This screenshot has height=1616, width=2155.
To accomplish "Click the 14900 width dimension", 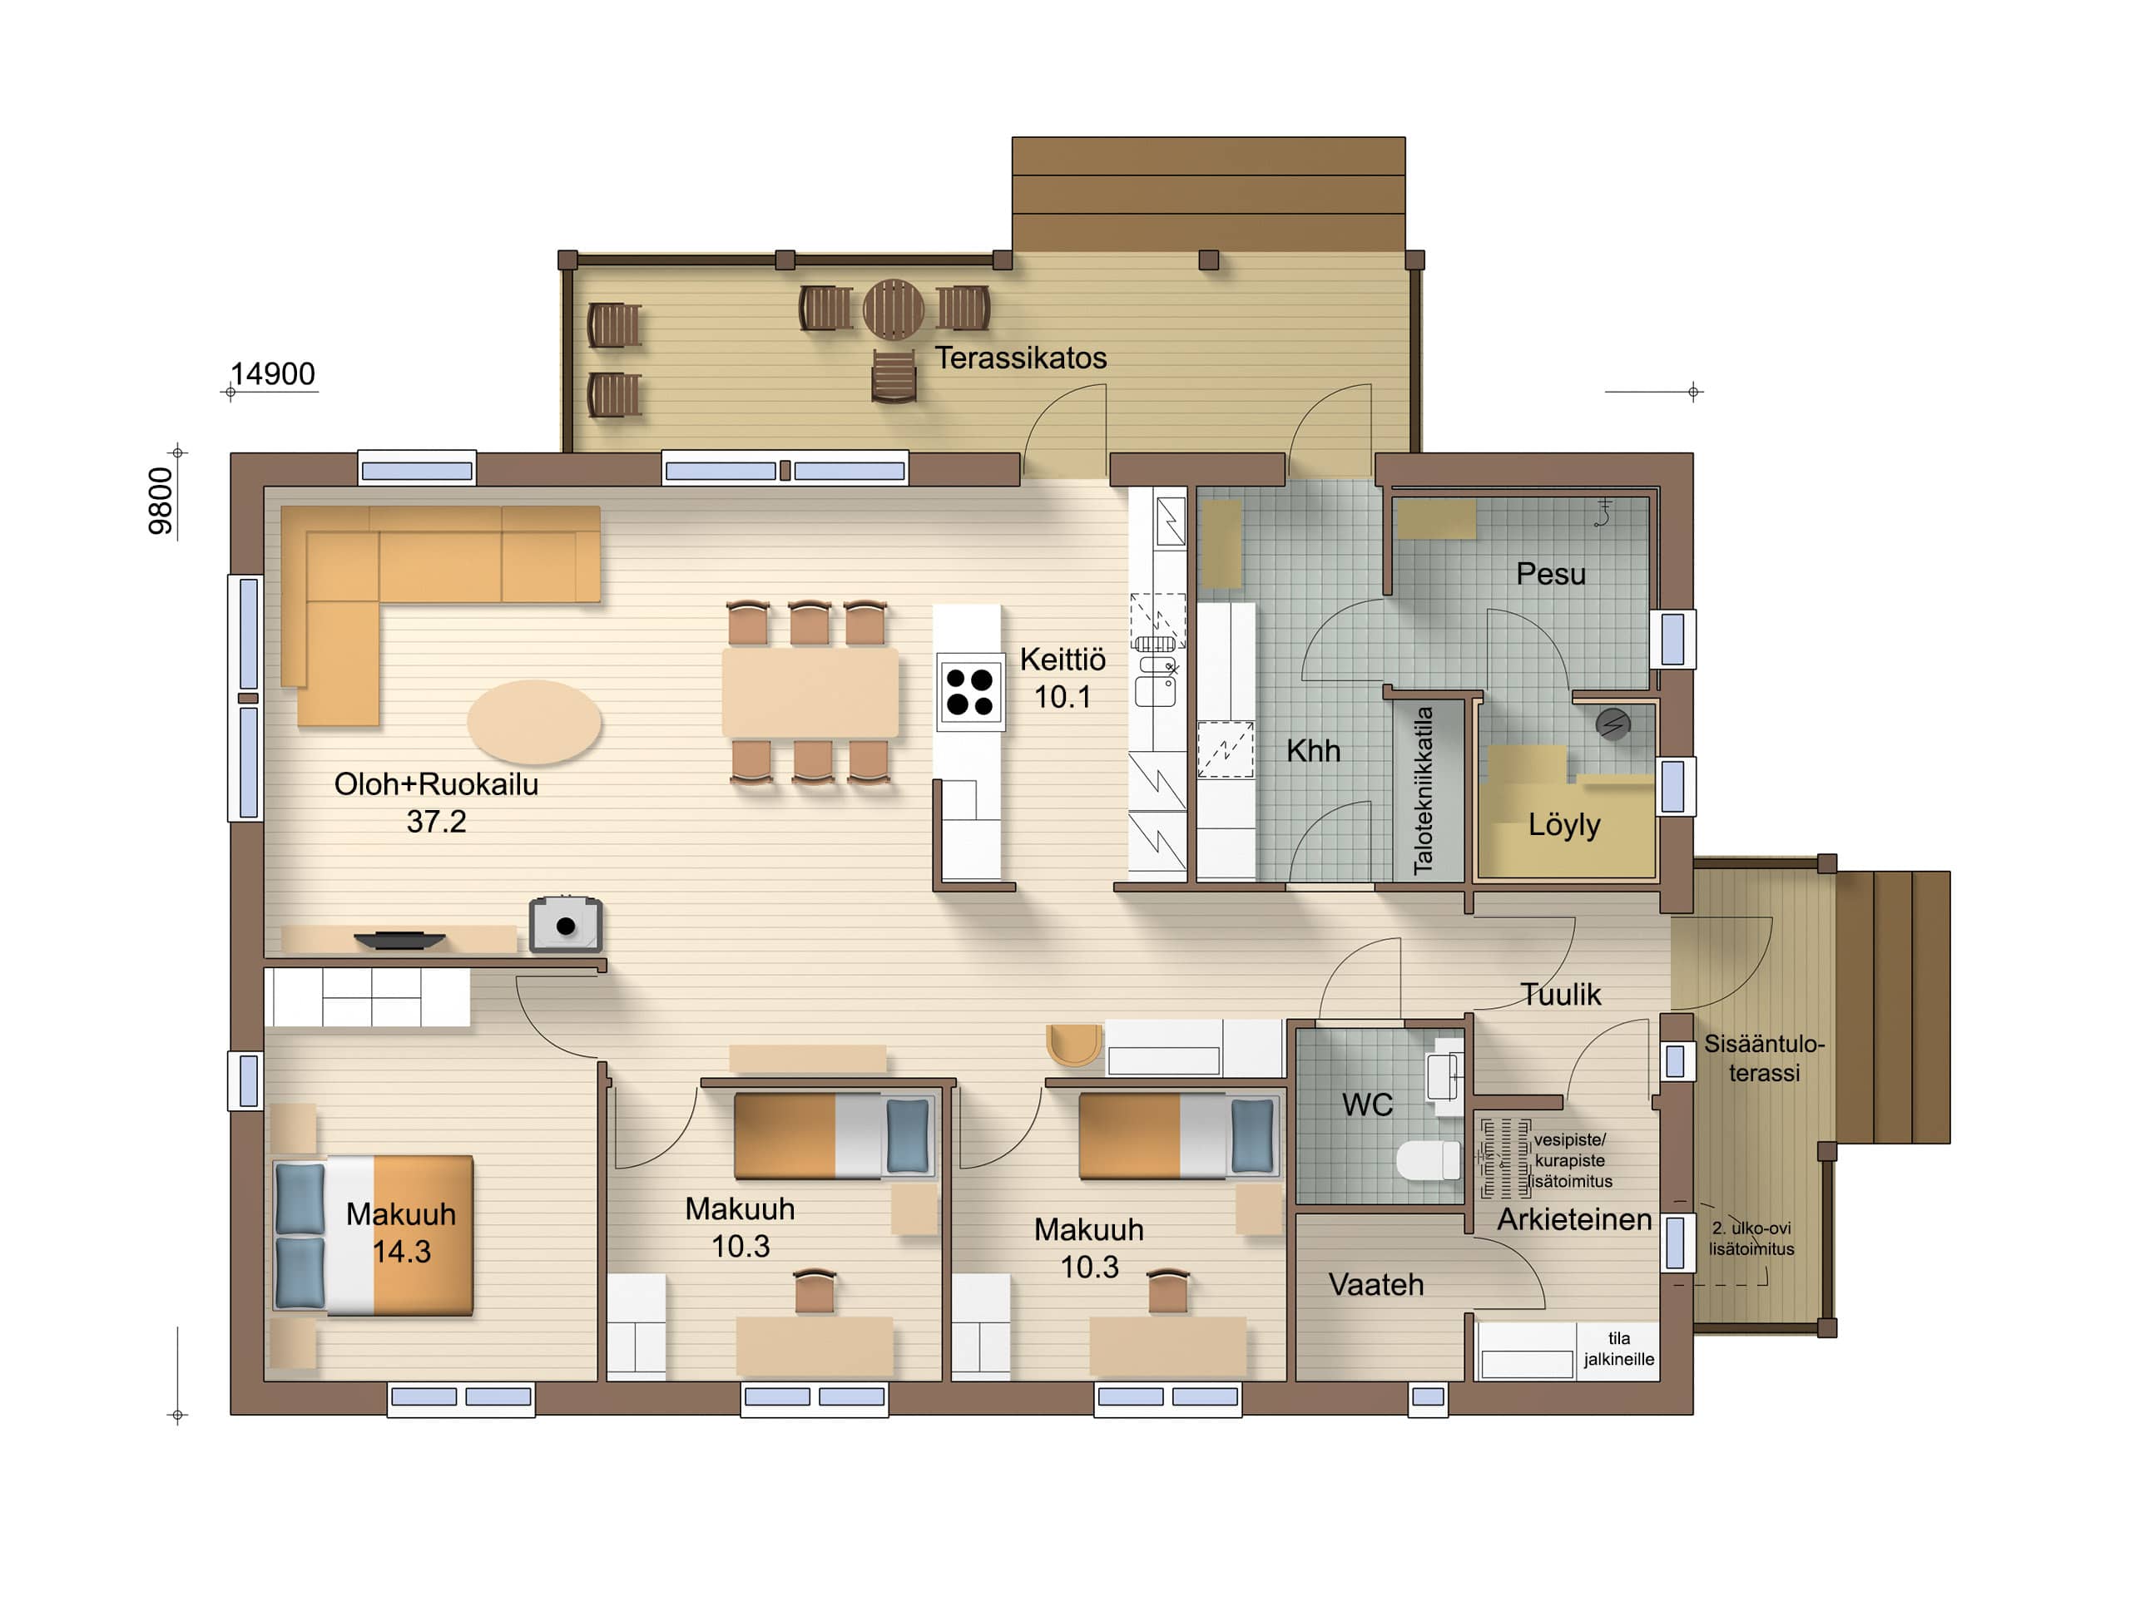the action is point(273,374).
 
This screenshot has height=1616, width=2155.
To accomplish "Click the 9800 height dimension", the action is point(161,501).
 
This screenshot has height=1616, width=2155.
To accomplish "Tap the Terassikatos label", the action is point(1021,358).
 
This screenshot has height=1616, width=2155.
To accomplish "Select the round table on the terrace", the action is point(894,309).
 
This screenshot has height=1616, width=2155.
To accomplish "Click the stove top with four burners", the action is point(969,692).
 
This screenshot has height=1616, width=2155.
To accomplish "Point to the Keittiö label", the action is point(1063,660).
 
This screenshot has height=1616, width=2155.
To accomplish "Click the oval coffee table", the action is point(534,722).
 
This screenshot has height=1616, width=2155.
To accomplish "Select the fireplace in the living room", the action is point(565,924).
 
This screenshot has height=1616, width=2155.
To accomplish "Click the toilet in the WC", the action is point(1429,1160).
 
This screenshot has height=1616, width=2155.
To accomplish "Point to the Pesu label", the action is point(1551,574).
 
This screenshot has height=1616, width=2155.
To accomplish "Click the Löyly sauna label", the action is point(1564,825).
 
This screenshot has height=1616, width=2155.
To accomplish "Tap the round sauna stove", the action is point(1613,724).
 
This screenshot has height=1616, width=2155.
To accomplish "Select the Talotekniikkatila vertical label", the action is point(1424,790).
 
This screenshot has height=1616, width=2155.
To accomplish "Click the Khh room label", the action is point(1313,751).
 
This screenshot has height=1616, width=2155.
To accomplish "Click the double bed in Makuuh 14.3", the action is point(374,1236).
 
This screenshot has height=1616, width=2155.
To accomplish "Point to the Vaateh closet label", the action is point(1375,1285).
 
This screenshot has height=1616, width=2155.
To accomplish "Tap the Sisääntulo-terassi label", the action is point(1764,1058).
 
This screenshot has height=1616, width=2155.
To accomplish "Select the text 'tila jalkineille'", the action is point(1618,1349).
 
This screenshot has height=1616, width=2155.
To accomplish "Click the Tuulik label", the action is point(1561,995).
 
